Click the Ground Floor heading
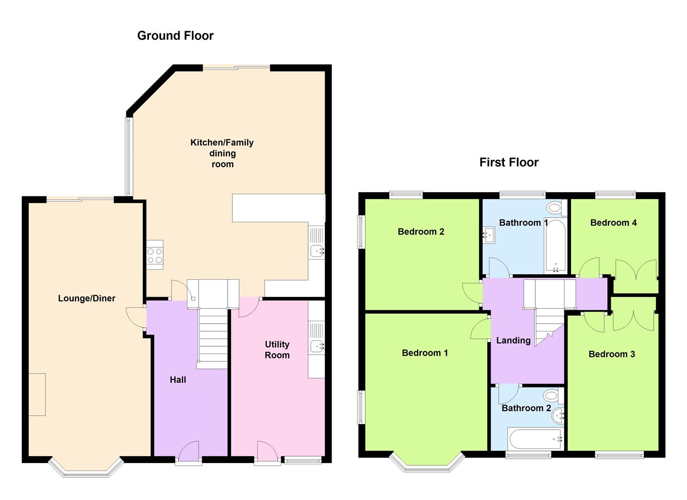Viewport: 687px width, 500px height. click(175, 36)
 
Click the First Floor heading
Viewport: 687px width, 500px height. click(509, 162)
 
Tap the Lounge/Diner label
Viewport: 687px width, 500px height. click(87, 298)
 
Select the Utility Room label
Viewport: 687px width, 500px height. click(277, 350)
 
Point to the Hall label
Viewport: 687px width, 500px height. click(178, 380)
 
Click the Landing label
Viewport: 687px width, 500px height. click(514, 340)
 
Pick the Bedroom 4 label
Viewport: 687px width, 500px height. click(613, 223)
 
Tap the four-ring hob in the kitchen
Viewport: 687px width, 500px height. click(155, 255)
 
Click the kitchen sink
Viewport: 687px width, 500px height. click(316, 251)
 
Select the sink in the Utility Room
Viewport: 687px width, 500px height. click(316, 346)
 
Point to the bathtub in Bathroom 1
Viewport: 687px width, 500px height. click(556, 245)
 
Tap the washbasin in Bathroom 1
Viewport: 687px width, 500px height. click(489, 235)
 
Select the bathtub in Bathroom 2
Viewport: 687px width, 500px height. click(536, 438)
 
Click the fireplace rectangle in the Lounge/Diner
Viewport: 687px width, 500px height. click(37, 394)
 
